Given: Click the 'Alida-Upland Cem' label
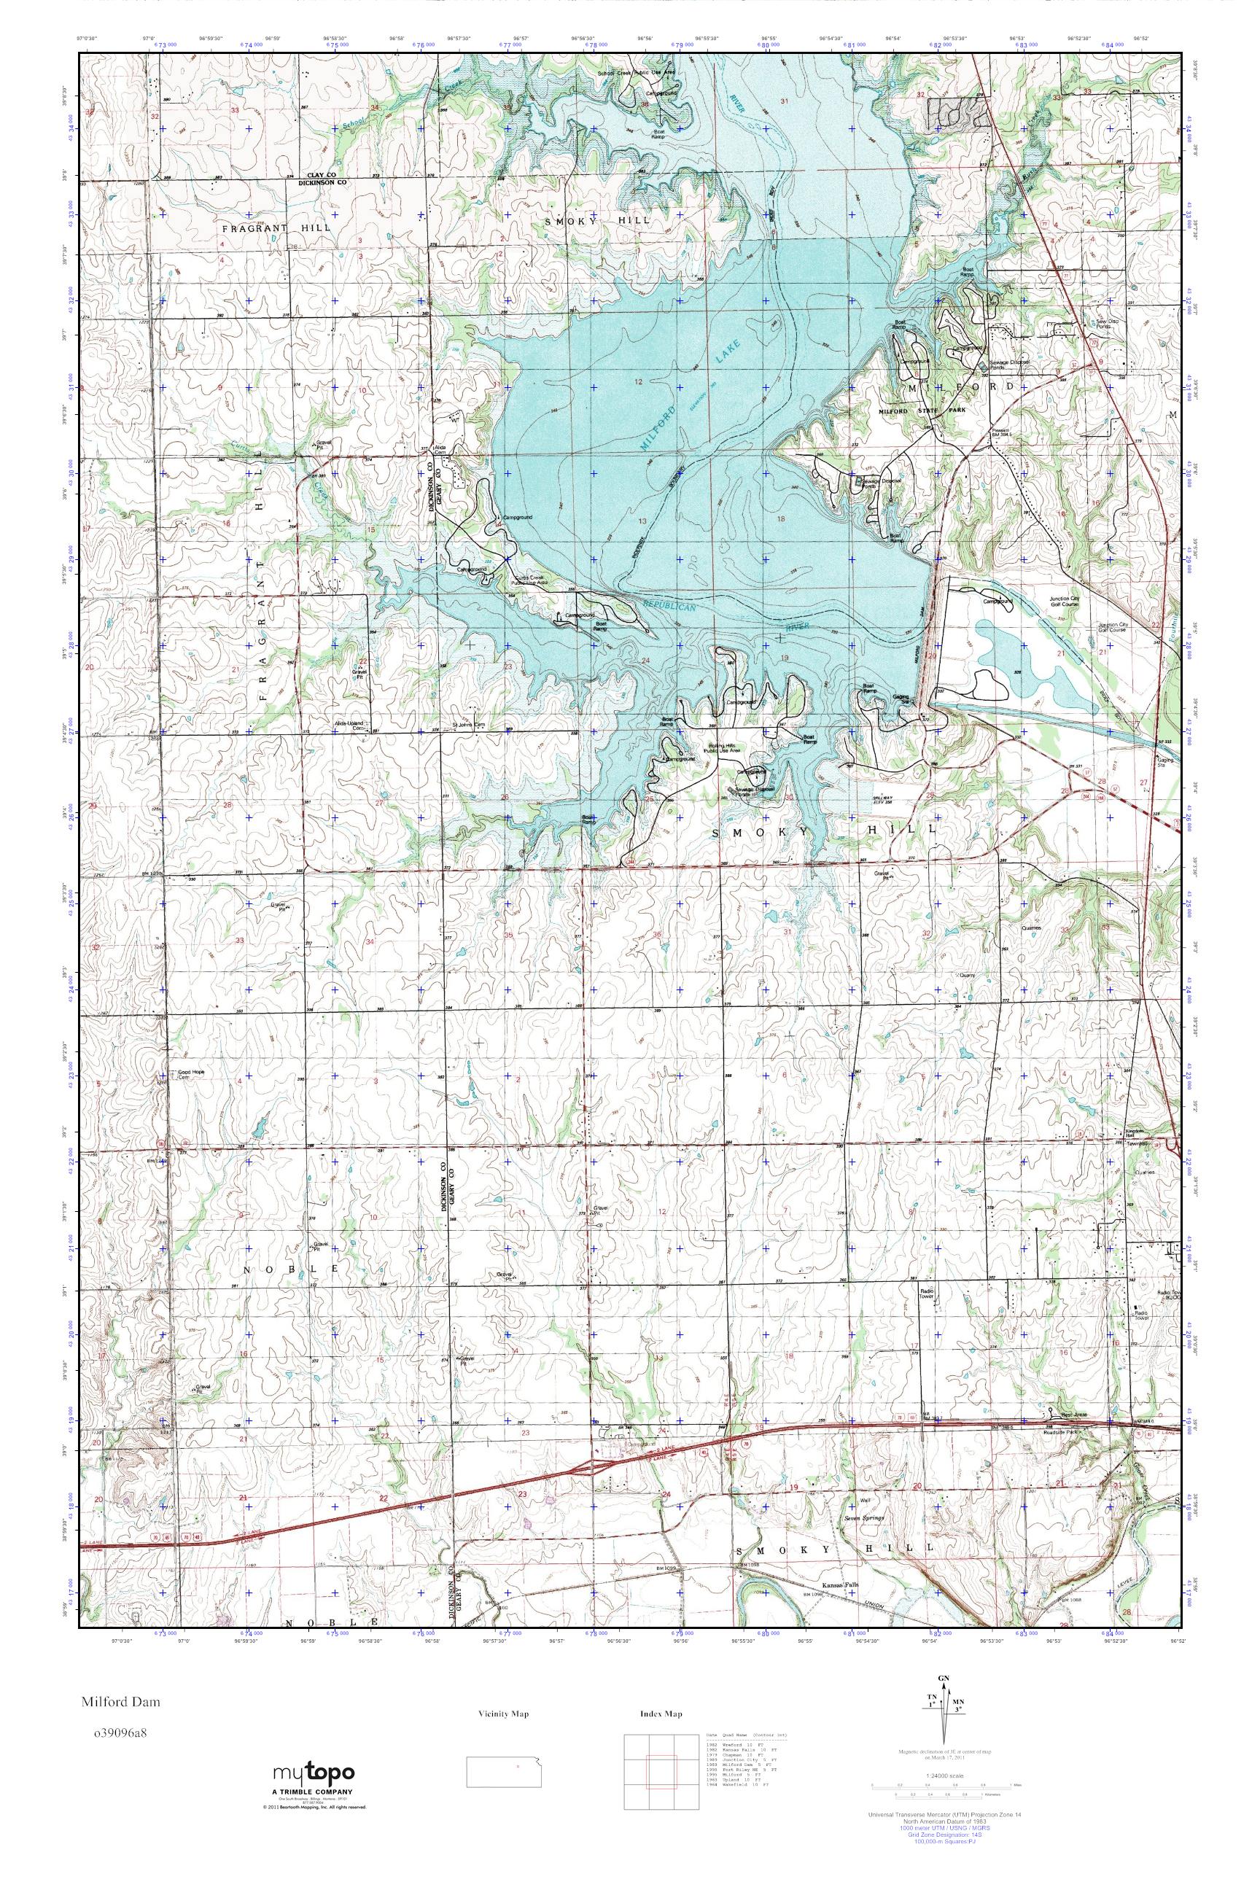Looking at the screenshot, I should pos(351,726).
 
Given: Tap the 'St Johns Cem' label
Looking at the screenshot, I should pos(470,724).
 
